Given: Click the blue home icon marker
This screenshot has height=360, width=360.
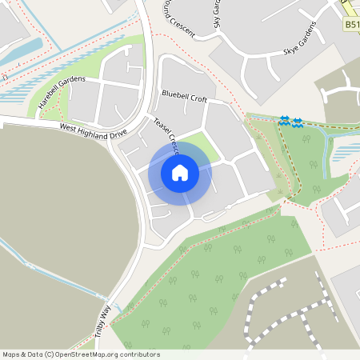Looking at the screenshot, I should click(180, 172).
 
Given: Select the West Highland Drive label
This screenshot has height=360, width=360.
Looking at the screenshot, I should click(93, 130).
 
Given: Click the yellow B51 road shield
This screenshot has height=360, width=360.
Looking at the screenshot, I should click(352, 26).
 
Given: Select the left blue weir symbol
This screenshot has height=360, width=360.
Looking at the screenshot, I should click(284, 121).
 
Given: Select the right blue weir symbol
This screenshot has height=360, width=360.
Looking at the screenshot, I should click(297, 122).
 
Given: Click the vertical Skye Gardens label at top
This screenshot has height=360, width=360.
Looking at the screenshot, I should click(217, 14).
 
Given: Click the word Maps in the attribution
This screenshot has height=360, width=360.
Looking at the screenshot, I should click(11, 354).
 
